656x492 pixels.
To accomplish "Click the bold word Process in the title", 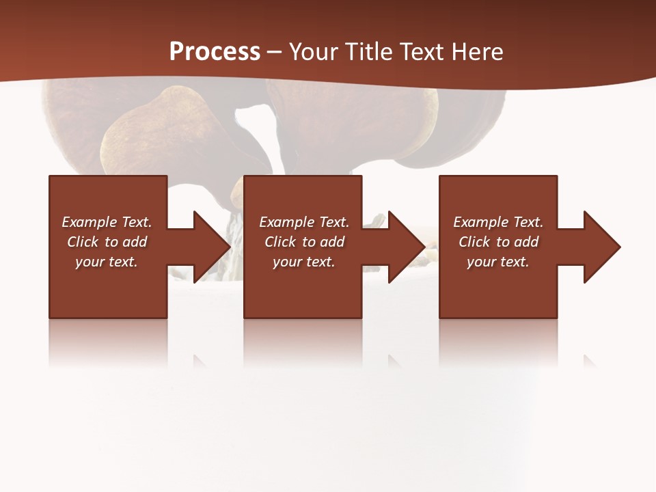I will coord(215,51).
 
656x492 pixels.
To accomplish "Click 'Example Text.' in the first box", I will coord(107,222).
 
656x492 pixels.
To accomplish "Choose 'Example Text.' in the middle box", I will coord(304,222).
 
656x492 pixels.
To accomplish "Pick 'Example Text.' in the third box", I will coord(498,222).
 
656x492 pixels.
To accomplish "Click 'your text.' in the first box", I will coord(107,262).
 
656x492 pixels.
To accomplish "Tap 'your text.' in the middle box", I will coord(304,262).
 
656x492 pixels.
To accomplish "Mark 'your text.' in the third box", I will coord(498,262).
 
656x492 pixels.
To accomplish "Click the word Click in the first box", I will coord(83,242).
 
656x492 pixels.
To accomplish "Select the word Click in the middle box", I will coord(281,242).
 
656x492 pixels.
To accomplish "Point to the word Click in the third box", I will coord(475,242).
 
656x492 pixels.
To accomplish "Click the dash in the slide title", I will coord(275,52).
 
